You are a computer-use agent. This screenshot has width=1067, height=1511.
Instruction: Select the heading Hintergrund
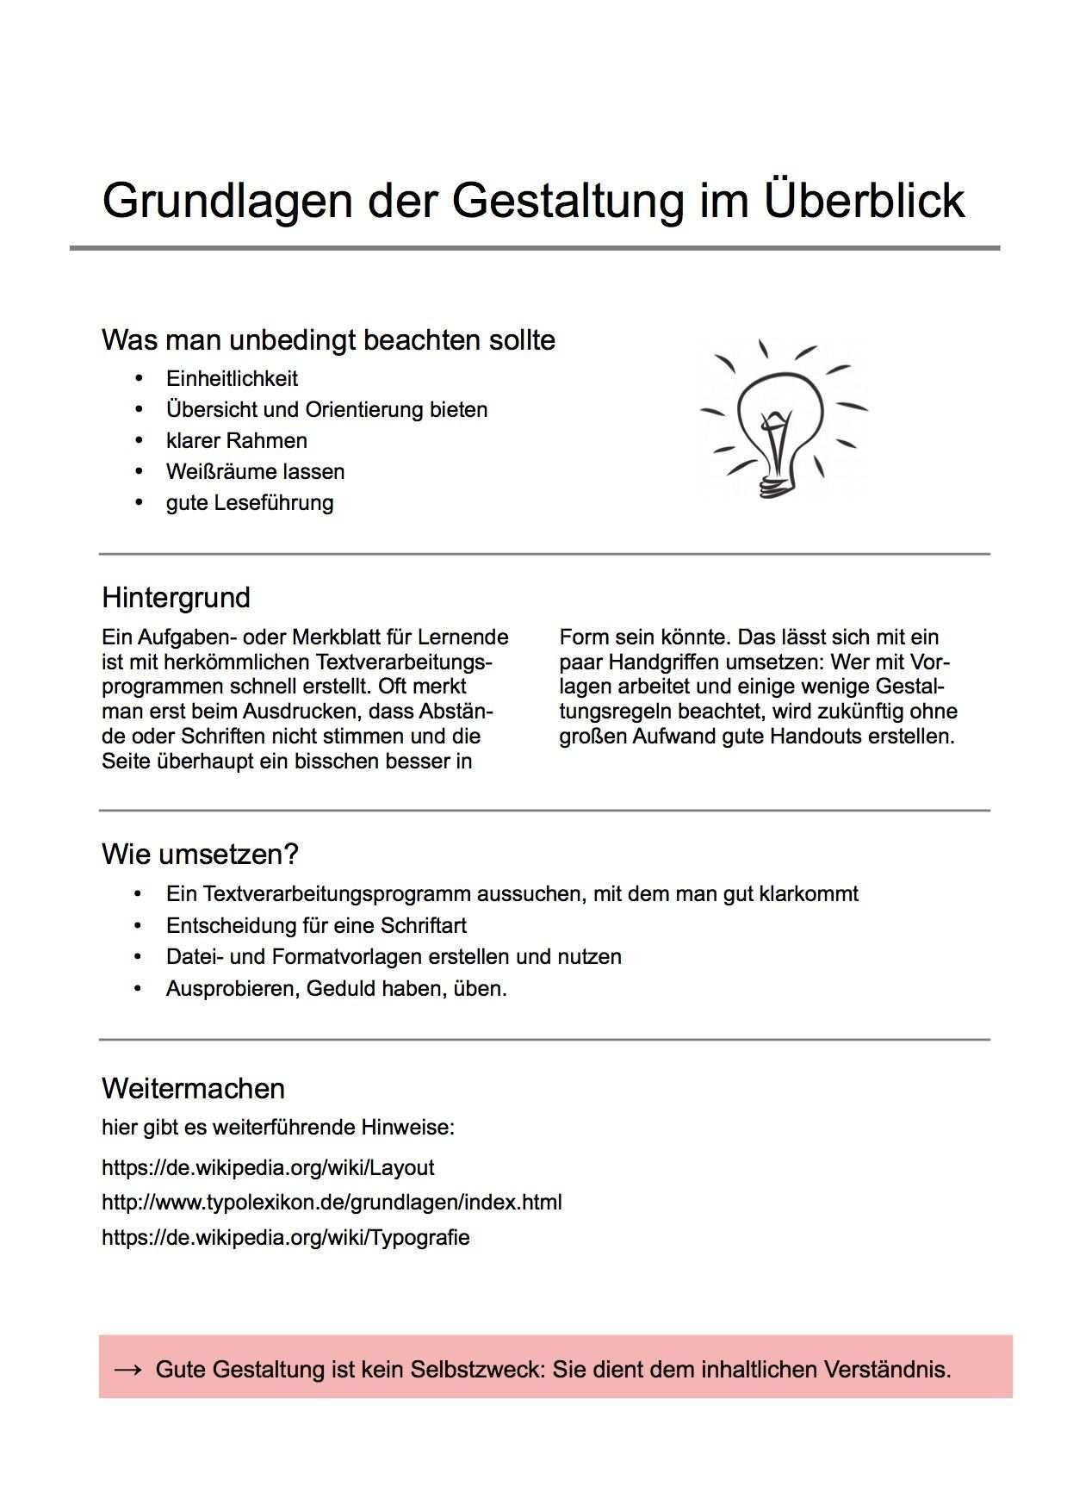[176, 597]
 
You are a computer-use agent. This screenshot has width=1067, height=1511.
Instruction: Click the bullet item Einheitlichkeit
[232, 378]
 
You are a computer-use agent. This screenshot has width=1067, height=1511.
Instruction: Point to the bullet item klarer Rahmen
[236, 440]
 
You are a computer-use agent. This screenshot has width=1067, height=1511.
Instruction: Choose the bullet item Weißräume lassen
[255, 471]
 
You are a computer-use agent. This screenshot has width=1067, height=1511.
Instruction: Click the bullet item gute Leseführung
[249, 502]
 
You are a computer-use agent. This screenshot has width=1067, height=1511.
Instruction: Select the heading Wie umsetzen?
[200, 854]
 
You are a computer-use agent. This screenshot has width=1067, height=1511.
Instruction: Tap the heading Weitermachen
[193, 1088]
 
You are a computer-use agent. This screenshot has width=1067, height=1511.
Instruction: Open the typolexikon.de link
[332, 1202]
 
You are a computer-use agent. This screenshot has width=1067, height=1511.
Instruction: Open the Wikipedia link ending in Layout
[268, 1167]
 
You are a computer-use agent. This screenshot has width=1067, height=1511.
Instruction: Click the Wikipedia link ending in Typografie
[286, 1237]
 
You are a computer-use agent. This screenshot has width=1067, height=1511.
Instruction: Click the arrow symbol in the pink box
[127, 1369]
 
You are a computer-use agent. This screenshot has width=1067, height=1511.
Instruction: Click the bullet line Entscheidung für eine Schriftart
[316, 925]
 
